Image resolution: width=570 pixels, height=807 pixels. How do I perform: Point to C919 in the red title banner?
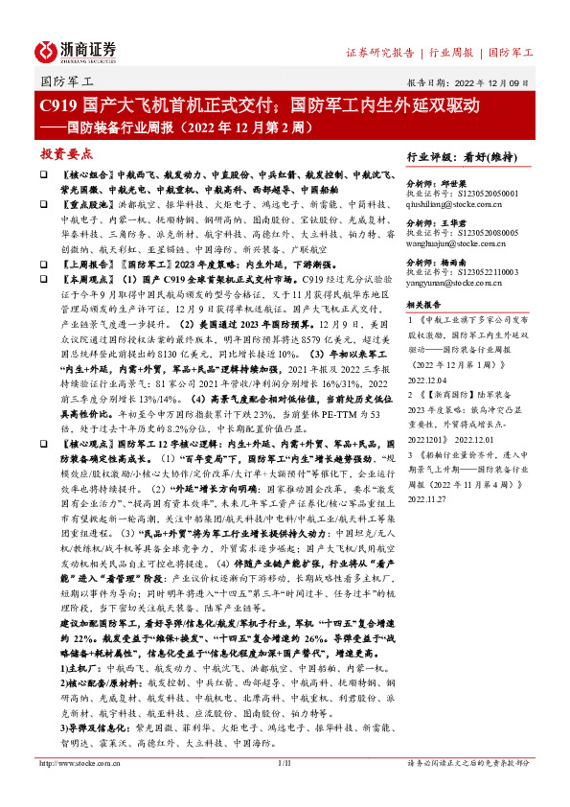click(x=57, y=105)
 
